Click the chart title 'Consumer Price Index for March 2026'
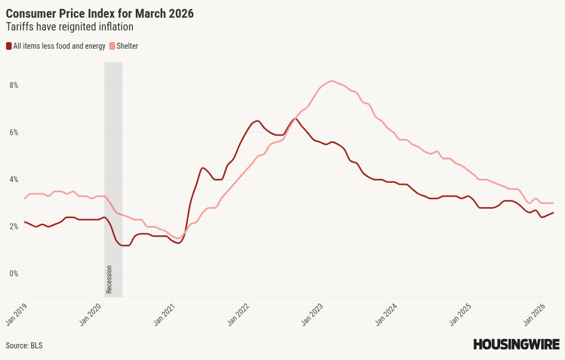coord(100,13)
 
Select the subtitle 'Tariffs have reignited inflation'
coord(69,27)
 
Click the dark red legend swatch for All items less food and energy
coord(9,46)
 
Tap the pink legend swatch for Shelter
coord(112,46)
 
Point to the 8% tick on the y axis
coord(13,85)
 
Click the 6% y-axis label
coord(13,132)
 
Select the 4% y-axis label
coord(13,179)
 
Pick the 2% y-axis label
coord(13,227)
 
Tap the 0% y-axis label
coord(13,274)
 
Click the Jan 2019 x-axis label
coord(17,313)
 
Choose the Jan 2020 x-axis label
coord(90,313)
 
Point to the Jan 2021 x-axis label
coord(164,313)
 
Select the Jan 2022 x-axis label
coord(238,313)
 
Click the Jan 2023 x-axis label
coord(311,313)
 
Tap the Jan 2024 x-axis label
coord(385,313)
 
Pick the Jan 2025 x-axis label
coord(459,313)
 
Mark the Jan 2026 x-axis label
coord(532,313)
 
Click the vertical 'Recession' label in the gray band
coord(109,280)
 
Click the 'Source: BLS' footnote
coord(24,345)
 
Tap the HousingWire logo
coord(516,344)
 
